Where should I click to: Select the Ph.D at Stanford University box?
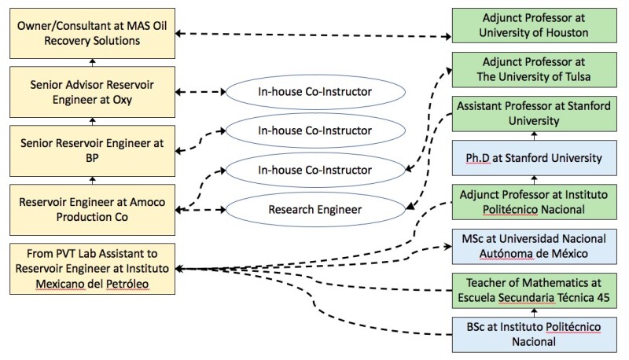532,159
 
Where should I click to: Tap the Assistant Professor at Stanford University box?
532,114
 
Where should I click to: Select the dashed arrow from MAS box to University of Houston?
314,35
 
